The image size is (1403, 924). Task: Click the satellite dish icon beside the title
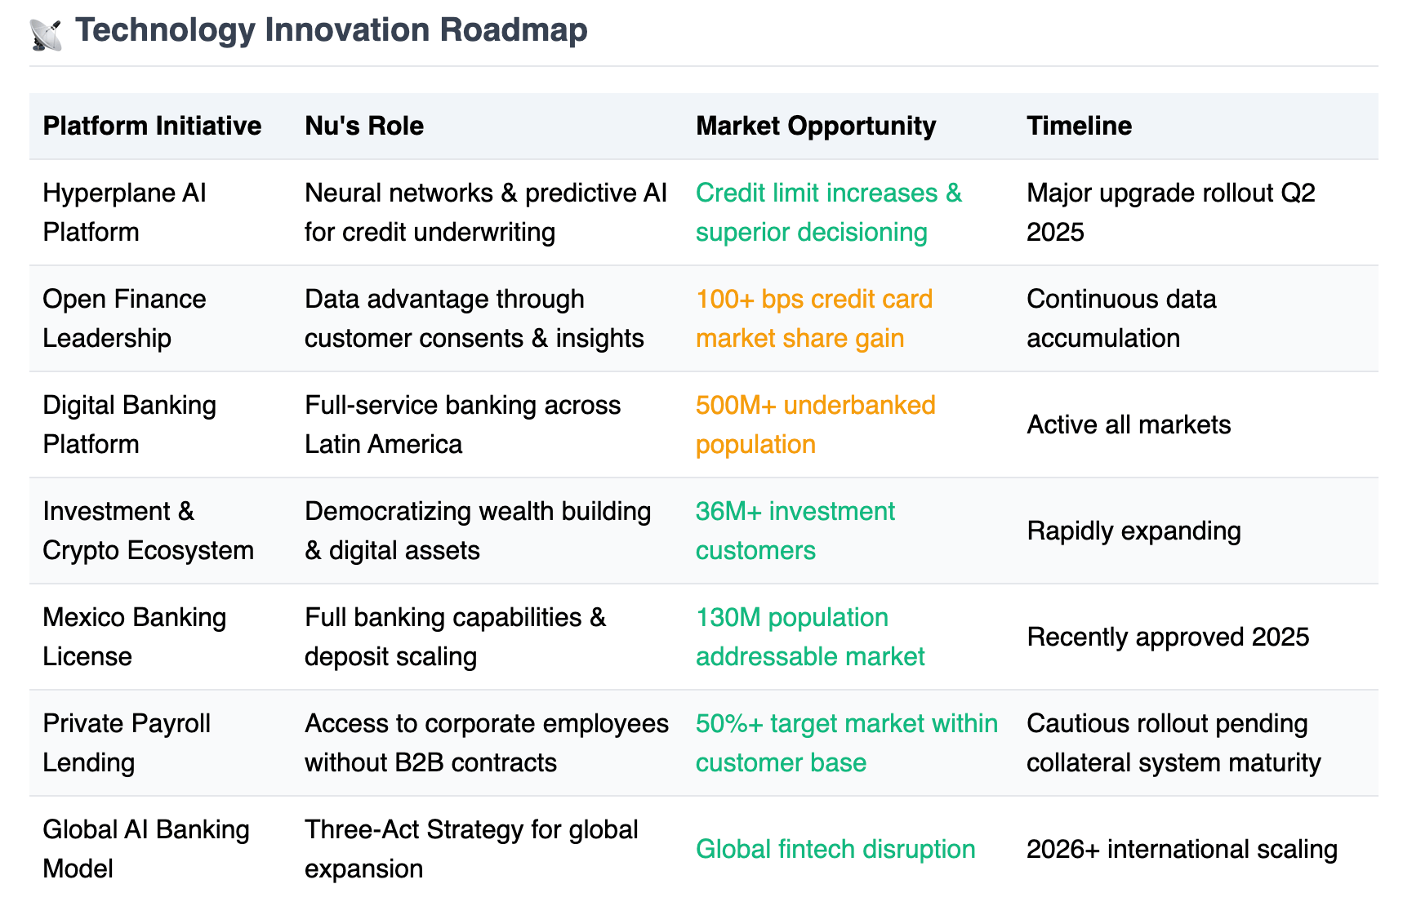coord(46,34)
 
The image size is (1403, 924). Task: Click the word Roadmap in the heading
coord(514,30)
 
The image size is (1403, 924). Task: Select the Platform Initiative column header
coord(152,126)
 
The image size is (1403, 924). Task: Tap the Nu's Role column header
coord(364,126)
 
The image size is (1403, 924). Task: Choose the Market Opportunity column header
coord(816,126)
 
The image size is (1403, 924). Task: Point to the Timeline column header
coord(1079,126)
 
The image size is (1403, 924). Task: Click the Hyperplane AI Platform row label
coord(124,212)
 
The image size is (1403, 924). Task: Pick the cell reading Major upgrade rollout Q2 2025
coord(1171,212)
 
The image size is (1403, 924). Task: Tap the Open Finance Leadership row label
coord(124,318)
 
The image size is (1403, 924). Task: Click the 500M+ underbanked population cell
coord(816,424)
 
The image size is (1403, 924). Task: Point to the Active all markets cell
coord(1129,424)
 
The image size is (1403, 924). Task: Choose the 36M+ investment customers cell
coord(795,531)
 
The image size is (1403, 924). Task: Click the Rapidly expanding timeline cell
coord(1134,531)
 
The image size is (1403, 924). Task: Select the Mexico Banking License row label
coord(134,637)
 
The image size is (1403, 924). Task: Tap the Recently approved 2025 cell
coord(1168,637)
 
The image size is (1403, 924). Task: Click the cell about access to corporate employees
coord(487,743)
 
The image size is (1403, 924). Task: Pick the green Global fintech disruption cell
coord(835,849)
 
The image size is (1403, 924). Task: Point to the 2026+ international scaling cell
coord(1182,849)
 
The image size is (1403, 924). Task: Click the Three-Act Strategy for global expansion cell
coord(471,849)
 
